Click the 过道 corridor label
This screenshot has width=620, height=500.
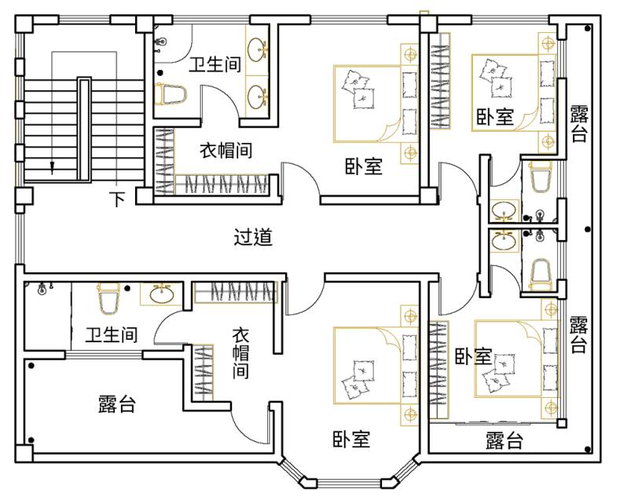tap(253, 237)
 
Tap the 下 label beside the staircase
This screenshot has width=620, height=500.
tap(117, 199)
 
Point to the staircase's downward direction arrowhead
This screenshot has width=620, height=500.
tap(53, 166)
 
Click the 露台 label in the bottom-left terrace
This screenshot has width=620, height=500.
tap(116, 404)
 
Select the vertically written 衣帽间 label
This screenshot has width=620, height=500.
tap(240, 353)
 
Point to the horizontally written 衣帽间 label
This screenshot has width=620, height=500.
tap(225, 151)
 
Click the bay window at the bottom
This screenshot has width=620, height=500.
tap(347, 474)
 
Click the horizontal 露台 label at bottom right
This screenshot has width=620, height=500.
tap(504, 440)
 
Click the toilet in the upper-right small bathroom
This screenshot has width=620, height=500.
tap(541, 177)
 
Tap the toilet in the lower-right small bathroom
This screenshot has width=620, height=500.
tap(541, 271)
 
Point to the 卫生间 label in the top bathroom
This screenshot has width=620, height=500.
tap(214, 65)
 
